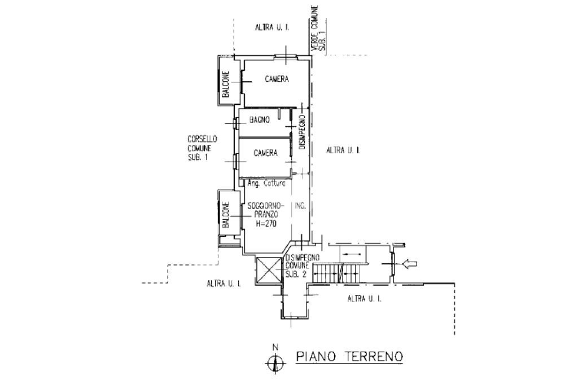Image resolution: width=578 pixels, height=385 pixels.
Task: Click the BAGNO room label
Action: (260, 120)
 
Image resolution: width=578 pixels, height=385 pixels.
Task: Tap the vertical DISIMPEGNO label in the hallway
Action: (303, 132)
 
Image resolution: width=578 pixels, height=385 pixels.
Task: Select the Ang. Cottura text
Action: (267, 183)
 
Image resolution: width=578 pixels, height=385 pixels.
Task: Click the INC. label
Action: (300, 206)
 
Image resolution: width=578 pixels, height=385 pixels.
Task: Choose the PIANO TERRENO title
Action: (349, 356)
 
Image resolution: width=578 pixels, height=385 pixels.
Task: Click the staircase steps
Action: (337, 274)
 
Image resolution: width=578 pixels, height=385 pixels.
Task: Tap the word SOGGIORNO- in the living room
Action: (262, 206)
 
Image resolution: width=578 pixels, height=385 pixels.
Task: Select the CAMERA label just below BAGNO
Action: (265, 152)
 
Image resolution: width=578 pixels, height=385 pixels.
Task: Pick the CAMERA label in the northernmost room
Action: (277, 79)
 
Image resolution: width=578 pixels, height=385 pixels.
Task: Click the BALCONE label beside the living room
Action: (225, 215)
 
